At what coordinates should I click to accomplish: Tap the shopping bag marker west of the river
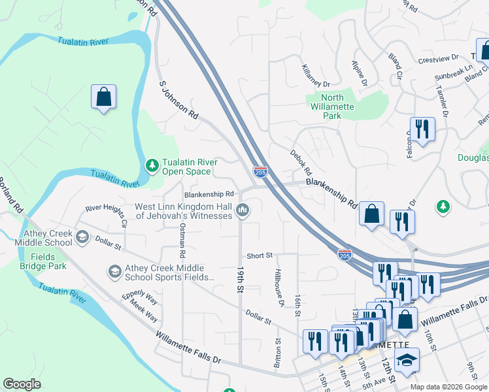coord(103,97)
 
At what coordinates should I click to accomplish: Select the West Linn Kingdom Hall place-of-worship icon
coord(243,210)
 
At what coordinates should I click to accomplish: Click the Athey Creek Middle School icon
coord(82,237)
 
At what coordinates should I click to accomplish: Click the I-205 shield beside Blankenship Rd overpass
coord(260,172)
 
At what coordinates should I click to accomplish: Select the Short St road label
coord(259,255)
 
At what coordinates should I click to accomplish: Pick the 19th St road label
coord(240,280)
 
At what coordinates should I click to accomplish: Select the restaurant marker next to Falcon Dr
coord(422,129)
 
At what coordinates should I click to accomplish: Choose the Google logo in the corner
coord(22,384)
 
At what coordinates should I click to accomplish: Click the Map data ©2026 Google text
coord(448,387)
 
